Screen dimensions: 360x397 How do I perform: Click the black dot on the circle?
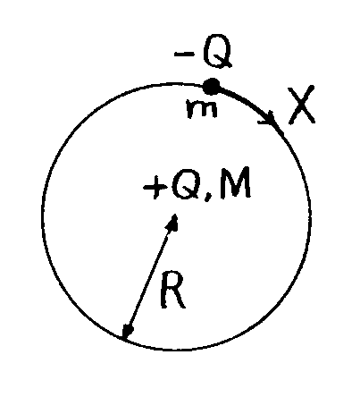tap(211, 87)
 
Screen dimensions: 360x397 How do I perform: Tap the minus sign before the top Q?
tap(184, 54)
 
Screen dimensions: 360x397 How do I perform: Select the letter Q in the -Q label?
tap(216, 51)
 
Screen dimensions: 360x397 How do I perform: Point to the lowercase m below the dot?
tap(202, 109)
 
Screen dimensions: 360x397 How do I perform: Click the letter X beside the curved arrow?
tap(301, 105)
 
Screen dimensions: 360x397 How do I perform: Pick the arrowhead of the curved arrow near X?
tap(270, 119)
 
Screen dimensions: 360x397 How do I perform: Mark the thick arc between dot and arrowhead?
tap(243, 100)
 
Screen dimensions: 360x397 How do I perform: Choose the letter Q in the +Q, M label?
tap(185, 186)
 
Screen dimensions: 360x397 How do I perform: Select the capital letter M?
tap(235, 183)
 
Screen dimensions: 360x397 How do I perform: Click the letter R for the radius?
tap(172, 290)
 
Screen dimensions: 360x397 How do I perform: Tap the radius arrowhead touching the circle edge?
tap(128, 331)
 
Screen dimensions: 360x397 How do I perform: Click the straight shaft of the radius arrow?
tap(150, 276)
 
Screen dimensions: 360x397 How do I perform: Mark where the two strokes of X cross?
tap(301, 104)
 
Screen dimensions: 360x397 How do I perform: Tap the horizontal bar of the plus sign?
tap(155, 188)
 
